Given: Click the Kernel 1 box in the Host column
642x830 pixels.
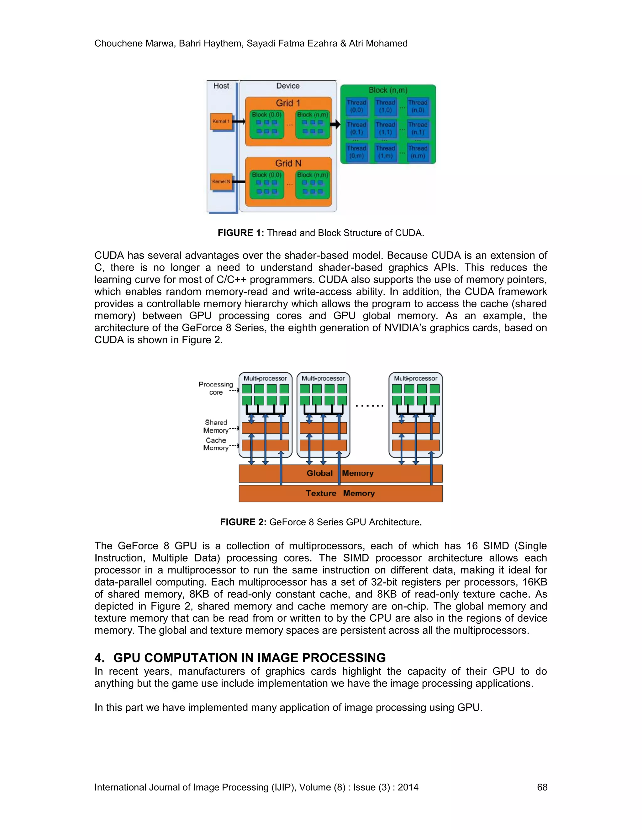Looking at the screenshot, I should [x=221, y=122].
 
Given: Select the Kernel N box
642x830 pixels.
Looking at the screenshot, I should [x=221, y=182].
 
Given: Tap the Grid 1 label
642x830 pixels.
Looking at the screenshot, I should [x=288, y=103].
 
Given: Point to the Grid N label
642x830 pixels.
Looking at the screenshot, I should [x=288, y=163].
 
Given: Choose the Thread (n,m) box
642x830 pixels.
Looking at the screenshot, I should [x=418, y=152].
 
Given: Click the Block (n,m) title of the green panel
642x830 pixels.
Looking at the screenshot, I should [x=387, y=90].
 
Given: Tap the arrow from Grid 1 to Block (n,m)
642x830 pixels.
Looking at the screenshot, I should [x=335, y=124].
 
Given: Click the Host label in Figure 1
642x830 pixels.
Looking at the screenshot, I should [x=221, y=86].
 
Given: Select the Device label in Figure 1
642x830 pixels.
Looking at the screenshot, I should [x=287, y=86].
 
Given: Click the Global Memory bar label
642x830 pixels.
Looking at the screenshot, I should [x=340, y=473].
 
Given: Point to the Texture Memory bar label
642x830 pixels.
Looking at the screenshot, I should [x=340, y=493].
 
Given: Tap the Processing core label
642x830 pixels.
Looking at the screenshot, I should [x=216, y=388].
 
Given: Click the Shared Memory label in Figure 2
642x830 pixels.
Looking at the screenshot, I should [x=216, y=426].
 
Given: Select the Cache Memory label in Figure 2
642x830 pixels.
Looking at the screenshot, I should [x=216, y=444].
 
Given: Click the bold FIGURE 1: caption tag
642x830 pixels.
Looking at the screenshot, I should [x=241, y=233].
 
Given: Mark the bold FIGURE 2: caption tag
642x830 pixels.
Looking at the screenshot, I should [x=243, y=522].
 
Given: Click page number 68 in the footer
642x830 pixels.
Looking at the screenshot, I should [x=542, y=787].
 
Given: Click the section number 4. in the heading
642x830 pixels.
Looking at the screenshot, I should [x=100, y=658].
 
